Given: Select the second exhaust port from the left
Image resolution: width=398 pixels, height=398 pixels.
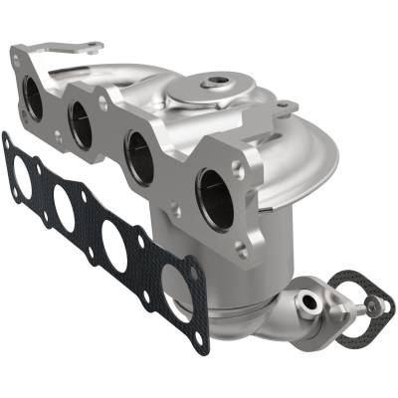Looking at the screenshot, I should pyautogui.click(x=80, y=122).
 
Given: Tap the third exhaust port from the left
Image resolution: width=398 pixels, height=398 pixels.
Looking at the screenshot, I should pyautogui.click(x=139, y=154).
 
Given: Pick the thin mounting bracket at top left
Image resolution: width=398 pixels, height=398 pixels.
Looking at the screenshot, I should pyautogui.click(x=60, y=49).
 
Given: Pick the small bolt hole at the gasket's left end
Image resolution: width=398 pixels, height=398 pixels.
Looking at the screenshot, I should pyautogui.click(x=7, y=145).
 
